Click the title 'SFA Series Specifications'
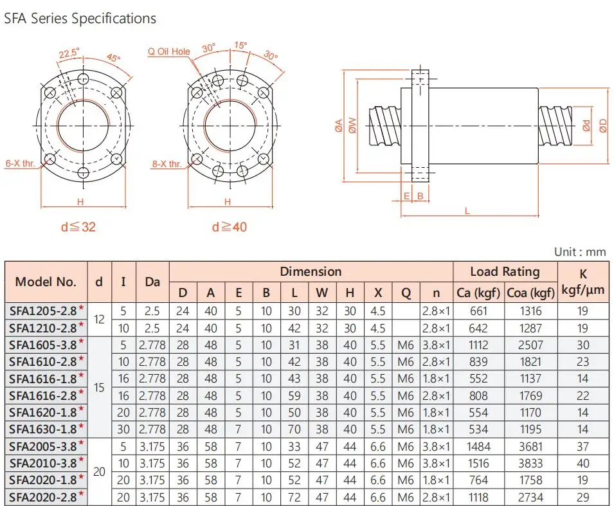click(80, 18)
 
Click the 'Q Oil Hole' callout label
click(169, 51)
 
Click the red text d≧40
click(229, 227)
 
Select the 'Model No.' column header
click(46, 281)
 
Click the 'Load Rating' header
click(505, 271)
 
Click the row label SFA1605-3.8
click(42, 345)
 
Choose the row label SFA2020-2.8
click(42, 496)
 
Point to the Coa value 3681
click(531, 446)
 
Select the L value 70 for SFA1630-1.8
click(294, 429)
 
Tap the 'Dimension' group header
click(311, 271)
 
